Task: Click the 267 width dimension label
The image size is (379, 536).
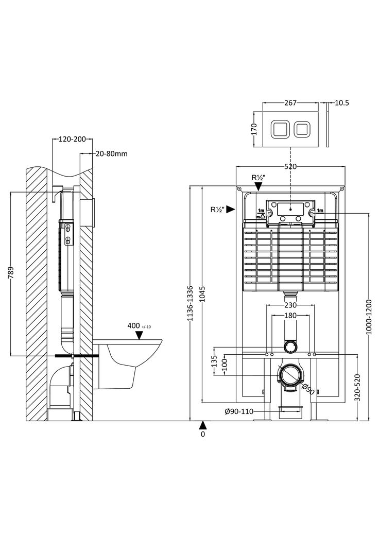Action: pyautogui.click(x=291, y=102)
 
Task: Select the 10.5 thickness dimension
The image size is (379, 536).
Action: pyautogui.click(x=341, y=102)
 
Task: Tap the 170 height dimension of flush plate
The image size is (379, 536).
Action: pyautogui.click(x=253, y=129)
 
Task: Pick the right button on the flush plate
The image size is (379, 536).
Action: pyautogui.click(x=302, y=129)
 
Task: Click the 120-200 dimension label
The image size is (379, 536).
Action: pyautogui.click(x=72, y=139)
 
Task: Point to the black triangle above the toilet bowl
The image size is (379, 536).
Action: pyautogui.click(x=139, y=335)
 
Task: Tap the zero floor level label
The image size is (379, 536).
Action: pyautogui.click(x=203, y=434)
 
